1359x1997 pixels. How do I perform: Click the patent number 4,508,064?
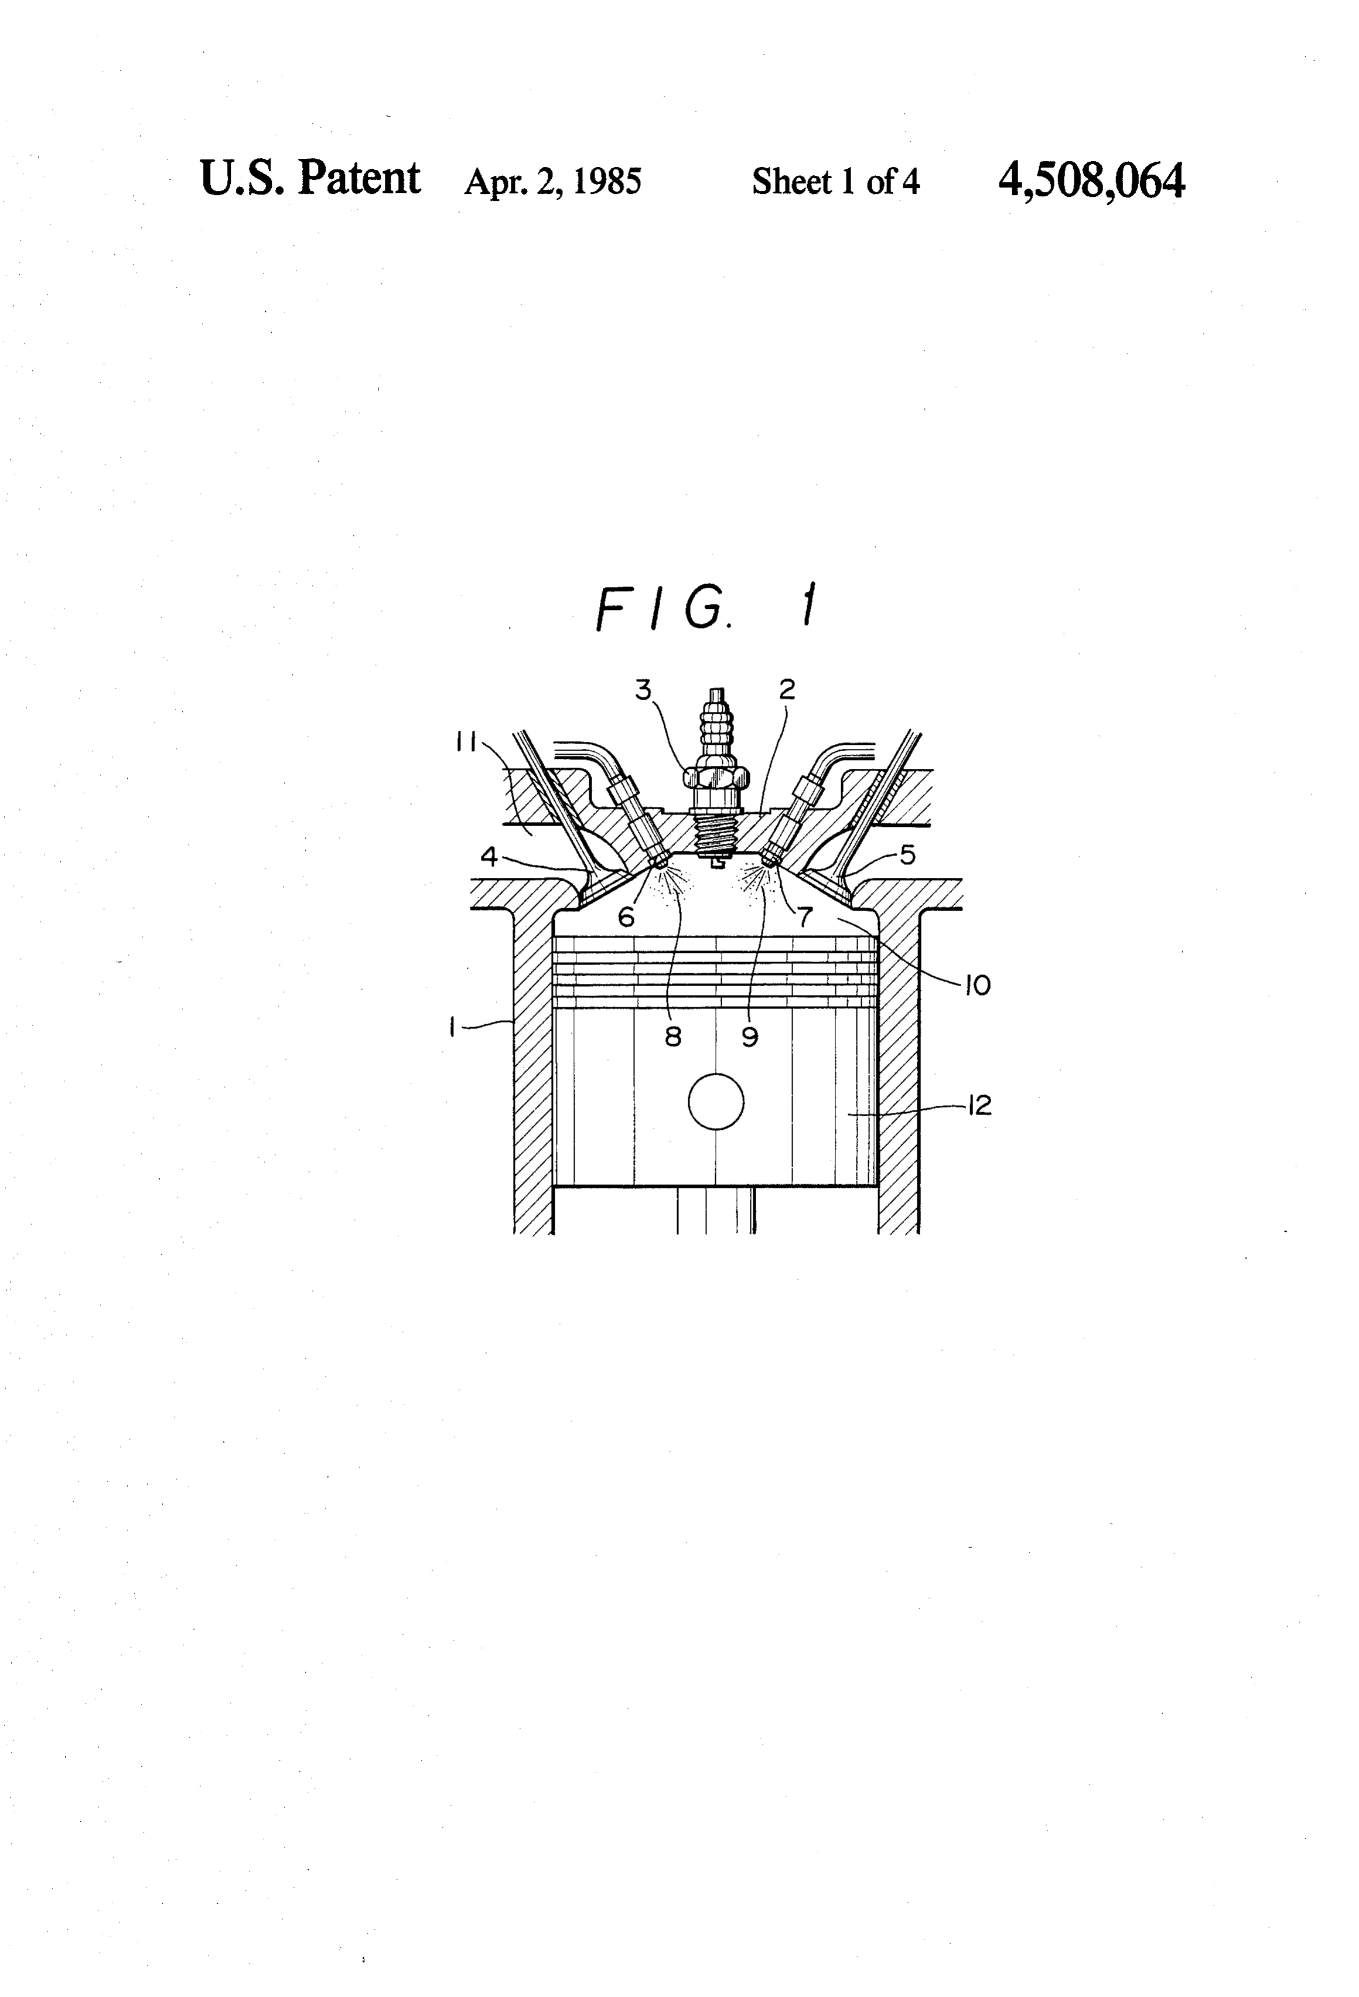click(1091, 181)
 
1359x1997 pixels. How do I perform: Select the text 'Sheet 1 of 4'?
click(836, 181)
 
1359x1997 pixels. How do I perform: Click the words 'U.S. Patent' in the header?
click(310, 179)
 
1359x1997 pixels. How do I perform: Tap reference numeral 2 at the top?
click(787, 689)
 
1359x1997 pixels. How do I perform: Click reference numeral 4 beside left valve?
click(489, 857)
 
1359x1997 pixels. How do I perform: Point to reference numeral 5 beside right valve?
click(908, 855)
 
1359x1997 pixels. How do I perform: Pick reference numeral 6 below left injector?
click(626, 918)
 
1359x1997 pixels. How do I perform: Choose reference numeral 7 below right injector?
click(805, 918)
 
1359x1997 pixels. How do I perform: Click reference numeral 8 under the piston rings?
click(674, 1037)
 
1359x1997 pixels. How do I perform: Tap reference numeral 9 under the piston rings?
click(750, 1037)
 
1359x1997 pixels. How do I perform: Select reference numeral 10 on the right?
click(978, 986)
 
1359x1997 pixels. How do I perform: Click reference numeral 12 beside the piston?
click(979, 1105)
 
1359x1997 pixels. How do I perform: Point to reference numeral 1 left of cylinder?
click(452, 1027)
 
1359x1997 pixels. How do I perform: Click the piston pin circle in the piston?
click(716, 1102)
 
